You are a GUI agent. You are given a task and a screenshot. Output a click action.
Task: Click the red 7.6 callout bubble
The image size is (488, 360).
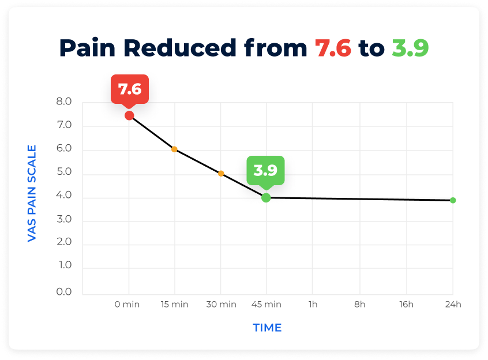click(130, 89)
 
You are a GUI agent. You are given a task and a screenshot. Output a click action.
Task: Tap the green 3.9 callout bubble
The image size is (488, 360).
click(266, 170)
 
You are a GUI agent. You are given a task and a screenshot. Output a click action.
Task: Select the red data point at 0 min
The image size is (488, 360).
click(129, 115)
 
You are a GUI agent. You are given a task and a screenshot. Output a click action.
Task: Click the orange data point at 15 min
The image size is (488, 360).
click(174, 149)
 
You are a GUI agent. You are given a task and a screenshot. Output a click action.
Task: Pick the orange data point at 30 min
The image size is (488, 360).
click(221, 174)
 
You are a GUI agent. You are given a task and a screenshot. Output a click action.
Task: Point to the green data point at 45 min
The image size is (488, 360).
click(266, 198)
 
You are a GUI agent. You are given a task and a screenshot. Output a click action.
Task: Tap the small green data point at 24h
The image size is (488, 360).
click(453, 200)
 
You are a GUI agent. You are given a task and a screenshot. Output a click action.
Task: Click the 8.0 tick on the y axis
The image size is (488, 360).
click(65, 102)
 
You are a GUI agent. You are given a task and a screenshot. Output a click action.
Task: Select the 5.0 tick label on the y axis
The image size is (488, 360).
click(65, 172)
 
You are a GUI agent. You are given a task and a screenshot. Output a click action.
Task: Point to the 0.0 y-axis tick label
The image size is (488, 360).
click(65, 292)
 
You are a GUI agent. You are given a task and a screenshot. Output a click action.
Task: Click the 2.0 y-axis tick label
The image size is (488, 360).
click(65, 242)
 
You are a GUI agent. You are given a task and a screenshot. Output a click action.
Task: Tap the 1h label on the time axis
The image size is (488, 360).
click(313, 304)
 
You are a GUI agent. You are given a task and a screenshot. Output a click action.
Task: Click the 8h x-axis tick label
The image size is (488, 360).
click(360, 304)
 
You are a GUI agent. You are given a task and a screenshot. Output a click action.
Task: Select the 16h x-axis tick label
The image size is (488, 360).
click(407, 304)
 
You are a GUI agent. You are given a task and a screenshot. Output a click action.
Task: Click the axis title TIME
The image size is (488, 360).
click(267, 328)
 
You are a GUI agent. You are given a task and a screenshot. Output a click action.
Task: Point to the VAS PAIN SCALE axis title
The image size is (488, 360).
click(32, 193)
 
